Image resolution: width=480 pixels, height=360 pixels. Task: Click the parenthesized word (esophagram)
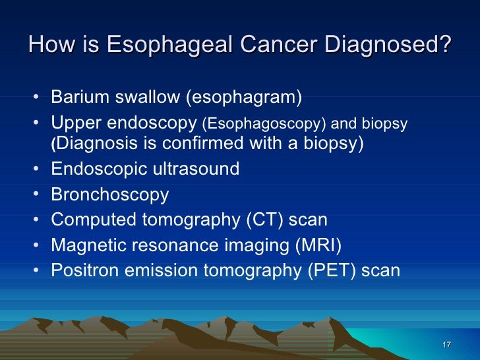(244, 98)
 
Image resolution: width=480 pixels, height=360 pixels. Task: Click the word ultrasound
(196, 169)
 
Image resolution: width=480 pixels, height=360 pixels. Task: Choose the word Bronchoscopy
(109, 195)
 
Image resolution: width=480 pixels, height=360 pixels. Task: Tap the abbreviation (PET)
(332, 270)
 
